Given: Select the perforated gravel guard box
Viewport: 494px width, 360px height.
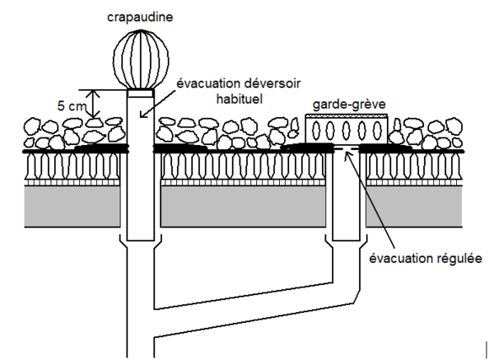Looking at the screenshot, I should (346, 130).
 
